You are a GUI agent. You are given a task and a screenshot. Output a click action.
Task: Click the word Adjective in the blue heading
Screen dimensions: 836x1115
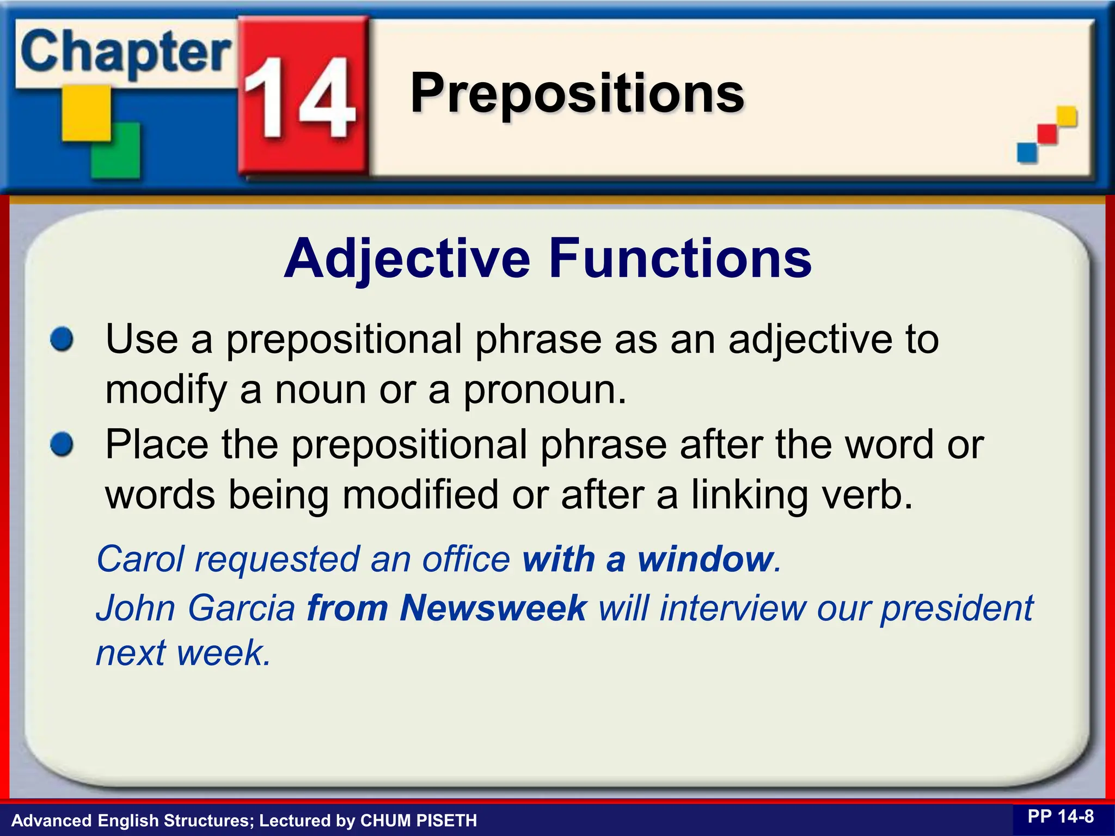(407, 259)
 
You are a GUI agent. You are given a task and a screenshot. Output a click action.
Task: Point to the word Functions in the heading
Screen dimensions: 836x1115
(680, 259)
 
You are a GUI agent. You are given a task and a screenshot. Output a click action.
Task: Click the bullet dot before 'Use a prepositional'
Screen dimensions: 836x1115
(62, 340)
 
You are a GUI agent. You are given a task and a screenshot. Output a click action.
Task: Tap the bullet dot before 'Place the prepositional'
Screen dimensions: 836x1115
(62, 445)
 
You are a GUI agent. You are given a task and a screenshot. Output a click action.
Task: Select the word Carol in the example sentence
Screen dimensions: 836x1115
(140, 559)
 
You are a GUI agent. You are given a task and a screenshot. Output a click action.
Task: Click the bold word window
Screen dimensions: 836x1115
(706, 559)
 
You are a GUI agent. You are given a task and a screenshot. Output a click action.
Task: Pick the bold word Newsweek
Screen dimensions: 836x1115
(493, 607)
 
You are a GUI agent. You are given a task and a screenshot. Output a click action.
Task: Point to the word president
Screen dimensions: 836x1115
(957, 608)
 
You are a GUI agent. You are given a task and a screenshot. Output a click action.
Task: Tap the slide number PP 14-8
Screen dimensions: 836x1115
(1061, 816)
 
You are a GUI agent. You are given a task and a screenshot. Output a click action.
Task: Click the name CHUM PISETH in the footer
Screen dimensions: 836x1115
(419, 820)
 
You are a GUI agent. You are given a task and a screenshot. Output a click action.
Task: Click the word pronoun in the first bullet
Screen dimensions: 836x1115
(544, 391)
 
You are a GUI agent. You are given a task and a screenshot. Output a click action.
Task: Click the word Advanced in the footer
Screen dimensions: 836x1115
(52, 820)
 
